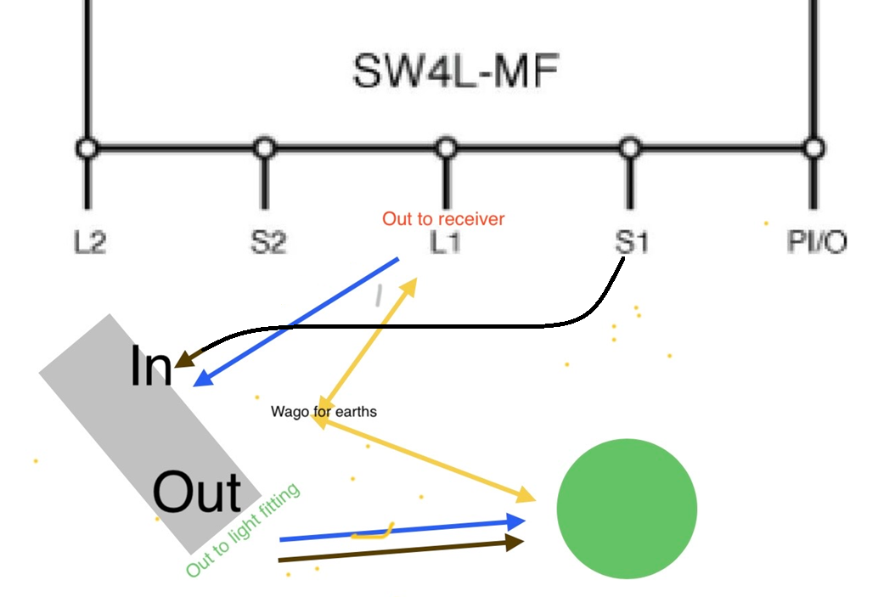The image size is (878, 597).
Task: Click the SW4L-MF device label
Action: [456, 71]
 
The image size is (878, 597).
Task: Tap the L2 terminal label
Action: [90, 243]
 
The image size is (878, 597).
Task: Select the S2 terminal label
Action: [267, 243]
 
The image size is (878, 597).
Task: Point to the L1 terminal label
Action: [445, 243]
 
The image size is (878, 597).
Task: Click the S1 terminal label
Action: [631, 243]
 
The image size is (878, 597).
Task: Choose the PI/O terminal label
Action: [817, 241]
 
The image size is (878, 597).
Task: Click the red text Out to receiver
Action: [443, 218]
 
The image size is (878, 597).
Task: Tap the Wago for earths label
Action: [324, 412]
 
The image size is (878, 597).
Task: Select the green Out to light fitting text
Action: [243, 530]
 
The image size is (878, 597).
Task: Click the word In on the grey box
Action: [150, 366]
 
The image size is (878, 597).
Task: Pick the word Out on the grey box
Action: [196, 492]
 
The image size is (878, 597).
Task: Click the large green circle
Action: [627, 509]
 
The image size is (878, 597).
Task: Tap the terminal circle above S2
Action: [265, 149]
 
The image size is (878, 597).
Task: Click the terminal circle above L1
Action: [446, 149]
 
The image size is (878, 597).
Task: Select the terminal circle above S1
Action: [630, 149]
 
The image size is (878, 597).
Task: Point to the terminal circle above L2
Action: [87, 149]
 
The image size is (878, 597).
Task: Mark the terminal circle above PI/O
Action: [813, 149]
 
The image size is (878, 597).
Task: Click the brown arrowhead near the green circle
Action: [514, 542]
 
